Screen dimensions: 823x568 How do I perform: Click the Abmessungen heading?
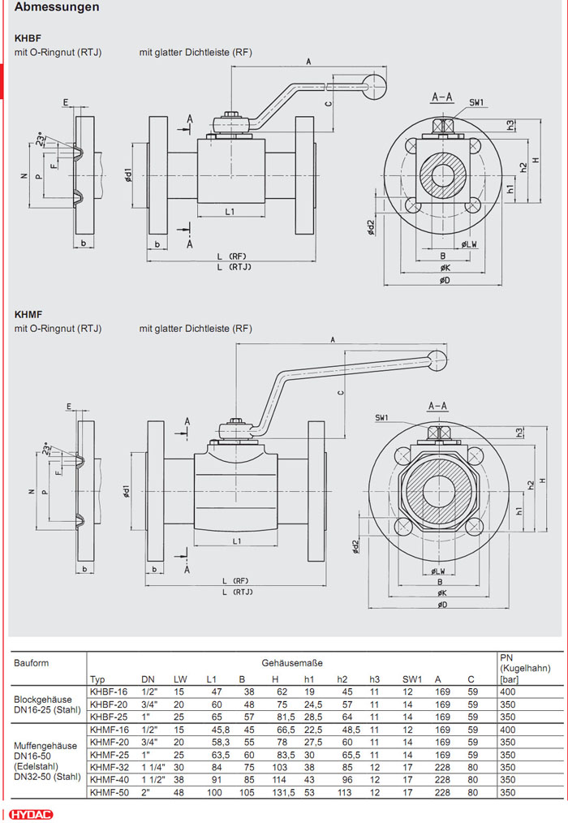[57, 7]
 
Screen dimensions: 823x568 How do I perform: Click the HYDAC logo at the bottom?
[32, 814]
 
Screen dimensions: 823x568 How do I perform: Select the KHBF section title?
[28, 37]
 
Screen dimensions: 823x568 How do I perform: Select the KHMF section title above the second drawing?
[28, 313]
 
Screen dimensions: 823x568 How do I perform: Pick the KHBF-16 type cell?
[109, 691]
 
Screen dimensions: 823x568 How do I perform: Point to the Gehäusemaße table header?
[291, 662]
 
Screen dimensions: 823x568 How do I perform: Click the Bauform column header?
[31, 662]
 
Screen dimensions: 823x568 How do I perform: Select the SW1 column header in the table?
[412, 679]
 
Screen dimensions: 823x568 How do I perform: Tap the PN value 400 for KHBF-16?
[507, 691]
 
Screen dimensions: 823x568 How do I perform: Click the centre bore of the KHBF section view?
[444, 175]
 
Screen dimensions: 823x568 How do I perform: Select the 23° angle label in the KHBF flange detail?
[40, 137]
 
